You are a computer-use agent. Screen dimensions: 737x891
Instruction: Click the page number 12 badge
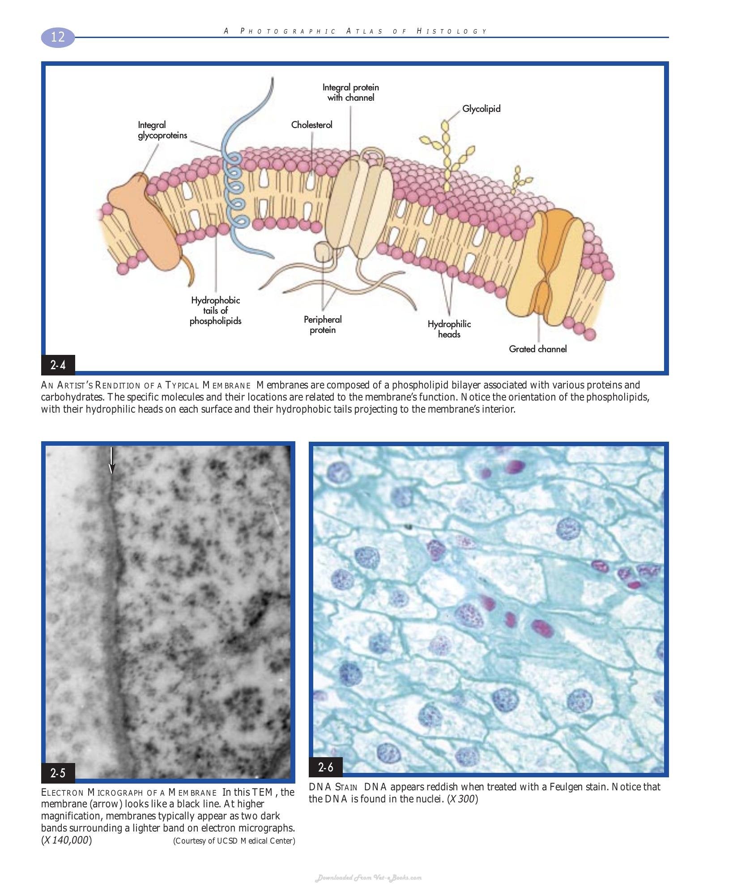click(58, 37)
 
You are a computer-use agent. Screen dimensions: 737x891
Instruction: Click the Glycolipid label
click(481, 109)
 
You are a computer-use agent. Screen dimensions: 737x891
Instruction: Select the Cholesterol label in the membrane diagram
click(311, 125)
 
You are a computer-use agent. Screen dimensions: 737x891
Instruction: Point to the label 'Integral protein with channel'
click(350, 93)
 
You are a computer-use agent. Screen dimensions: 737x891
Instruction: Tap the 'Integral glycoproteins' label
click(162, 130)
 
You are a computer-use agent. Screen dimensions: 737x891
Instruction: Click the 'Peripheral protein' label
click(322, 325)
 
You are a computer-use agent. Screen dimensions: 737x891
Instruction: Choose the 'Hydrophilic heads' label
click(449, 329)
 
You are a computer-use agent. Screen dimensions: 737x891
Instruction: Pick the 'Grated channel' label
click(537, 349)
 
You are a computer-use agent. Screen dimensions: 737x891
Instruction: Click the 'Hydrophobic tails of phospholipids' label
click(215, 311)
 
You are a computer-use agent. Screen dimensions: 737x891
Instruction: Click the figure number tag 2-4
click(58, 365)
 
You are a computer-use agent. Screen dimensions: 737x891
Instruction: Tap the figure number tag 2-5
click(58, 773)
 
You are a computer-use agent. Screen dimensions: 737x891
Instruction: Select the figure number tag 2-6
click(325, 767)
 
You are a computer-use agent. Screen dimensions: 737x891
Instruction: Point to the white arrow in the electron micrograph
click(111, 460)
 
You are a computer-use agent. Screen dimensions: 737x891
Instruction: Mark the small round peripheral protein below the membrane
click(322, 252)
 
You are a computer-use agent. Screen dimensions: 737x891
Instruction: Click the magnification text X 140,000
click(66, 840)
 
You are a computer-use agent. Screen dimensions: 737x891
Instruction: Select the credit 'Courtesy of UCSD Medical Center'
click(234, 841)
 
